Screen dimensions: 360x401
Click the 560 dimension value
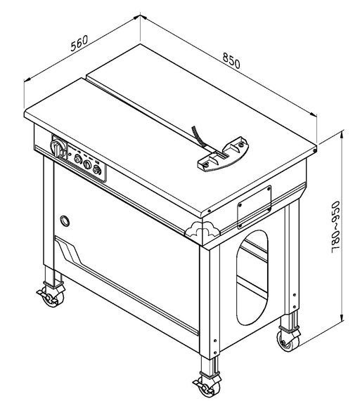(79, 43)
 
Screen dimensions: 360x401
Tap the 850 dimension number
(231, 60)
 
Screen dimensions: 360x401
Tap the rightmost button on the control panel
(96, 169)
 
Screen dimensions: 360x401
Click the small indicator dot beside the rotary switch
(70, 155)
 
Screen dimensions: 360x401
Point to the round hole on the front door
(65, 221)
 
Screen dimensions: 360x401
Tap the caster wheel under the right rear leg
(288, 339)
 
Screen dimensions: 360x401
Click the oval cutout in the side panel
(252, 277)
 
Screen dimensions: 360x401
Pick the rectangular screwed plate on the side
(254, 207)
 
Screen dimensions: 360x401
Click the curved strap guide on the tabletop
(223, 155)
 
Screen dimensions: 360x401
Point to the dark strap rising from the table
(199, 136)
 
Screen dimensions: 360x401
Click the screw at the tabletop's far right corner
(315, 150)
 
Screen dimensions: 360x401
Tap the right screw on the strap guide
(240, 145)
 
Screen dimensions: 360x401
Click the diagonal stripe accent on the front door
(69, 250)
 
